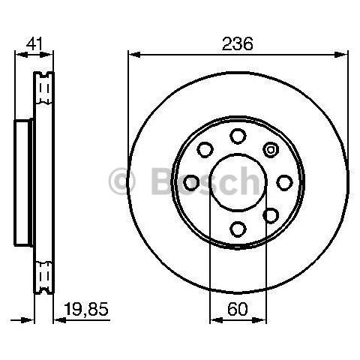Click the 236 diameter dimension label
238,43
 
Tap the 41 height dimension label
34,44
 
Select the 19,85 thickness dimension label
86,309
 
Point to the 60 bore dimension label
238,309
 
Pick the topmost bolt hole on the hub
238,136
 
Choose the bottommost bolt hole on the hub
238,229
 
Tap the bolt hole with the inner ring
271,150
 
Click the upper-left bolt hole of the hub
205,150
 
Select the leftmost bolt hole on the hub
191,183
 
